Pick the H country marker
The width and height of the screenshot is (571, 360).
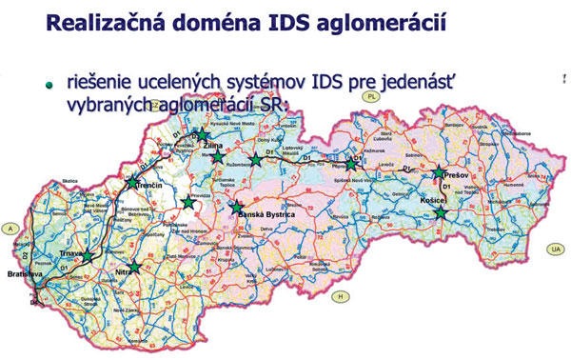click(x=337, y=297)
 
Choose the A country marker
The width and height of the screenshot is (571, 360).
click(x=10, y=230)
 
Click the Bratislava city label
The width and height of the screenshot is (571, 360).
click(x=22, y=275)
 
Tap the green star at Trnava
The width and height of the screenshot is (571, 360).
click(x=88, y=256)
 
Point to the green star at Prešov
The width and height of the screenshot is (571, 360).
click(x=439, y=173)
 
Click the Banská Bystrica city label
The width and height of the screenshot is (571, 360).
click(x=267, y=216)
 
